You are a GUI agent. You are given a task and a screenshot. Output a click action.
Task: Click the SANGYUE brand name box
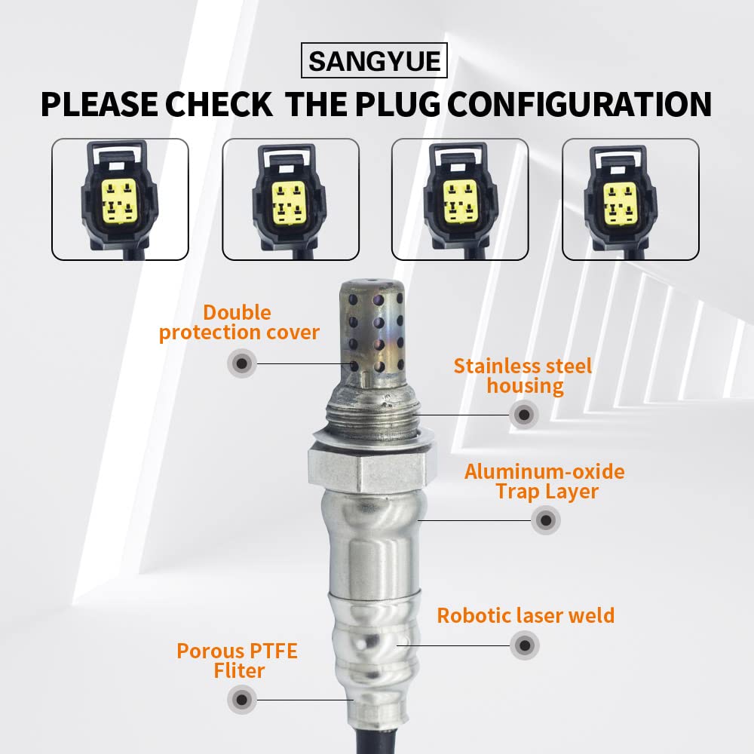[374, 60]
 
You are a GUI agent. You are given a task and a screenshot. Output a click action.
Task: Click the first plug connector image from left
[120, 200]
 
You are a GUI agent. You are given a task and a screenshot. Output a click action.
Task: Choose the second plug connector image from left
[290, 200]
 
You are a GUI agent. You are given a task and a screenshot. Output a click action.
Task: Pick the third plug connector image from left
[461, 200]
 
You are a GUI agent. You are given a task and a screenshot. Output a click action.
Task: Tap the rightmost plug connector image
[630, 200]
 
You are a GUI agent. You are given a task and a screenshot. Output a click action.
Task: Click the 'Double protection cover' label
[239, 323]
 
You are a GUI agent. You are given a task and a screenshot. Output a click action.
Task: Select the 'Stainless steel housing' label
[523, 376]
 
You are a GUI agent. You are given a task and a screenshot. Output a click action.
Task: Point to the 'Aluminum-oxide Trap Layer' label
[544, 482]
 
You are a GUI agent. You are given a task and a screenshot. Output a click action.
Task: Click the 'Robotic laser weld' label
[526, 615]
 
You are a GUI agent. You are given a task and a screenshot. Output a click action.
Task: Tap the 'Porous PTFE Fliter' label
[237, 661]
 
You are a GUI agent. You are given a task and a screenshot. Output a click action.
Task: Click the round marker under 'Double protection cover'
[241, 364]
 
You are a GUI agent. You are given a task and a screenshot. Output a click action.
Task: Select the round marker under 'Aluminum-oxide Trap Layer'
[545, 520]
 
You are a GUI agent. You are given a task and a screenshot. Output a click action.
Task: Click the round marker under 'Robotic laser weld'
[524, 645]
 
